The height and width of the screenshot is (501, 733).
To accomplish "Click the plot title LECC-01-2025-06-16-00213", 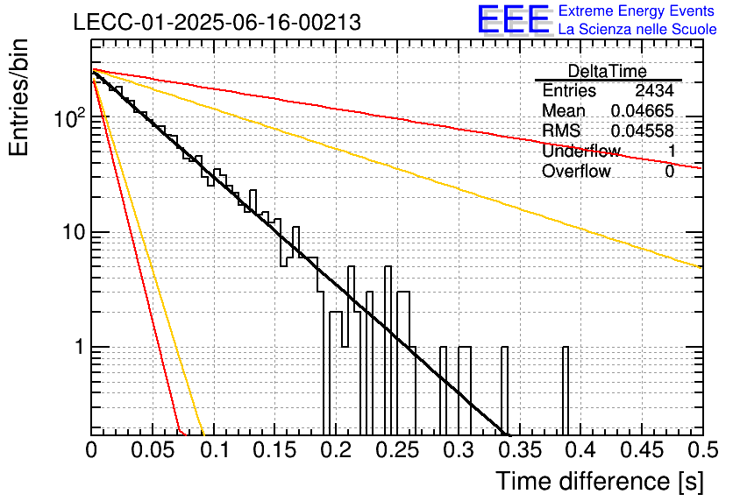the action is [x=217, y=23].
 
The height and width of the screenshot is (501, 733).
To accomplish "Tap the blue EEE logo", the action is [x=514, y=19].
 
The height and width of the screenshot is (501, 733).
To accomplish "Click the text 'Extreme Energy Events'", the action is [x=637, y=11].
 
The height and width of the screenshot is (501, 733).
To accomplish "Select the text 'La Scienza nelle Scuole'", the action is [x=637, y=29].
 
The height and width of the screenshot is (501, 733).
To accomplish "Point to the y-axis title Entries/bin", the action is [x=18, y=97].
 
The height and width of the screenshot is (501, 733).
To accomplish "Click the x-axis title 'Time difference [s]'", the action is [x=600, y=481].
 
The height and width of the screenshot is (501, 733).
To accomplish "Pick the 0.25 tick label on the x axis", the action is [x=398, y=450].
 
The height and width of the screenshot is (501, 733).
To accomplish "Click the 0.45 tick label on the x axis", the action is [x=643, y=450].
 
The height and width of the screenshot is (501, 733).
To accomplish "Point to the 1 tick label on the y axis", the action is [x=80, y=347].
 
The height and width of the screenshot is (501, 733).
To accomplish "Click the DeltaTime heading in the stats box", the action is [x=608, y=72].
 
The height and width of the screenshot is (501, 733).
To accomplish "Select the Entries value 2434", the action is [x=654, y=90].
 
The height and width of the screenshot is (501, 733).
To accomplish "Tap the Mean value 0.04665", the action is [x=643, y=110].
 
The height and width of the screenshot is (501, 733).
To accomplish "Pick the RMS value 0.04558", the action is [x=643, y=131].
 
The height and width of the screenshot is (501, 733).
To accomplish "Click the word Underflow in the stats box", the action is [x=581, y=151].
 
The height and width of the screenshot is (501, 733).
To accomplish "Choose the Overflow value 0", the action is [x=669, y=172].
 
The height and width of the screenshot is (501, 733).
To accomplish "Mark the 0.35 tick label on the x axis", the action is [x=520, y=450].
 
